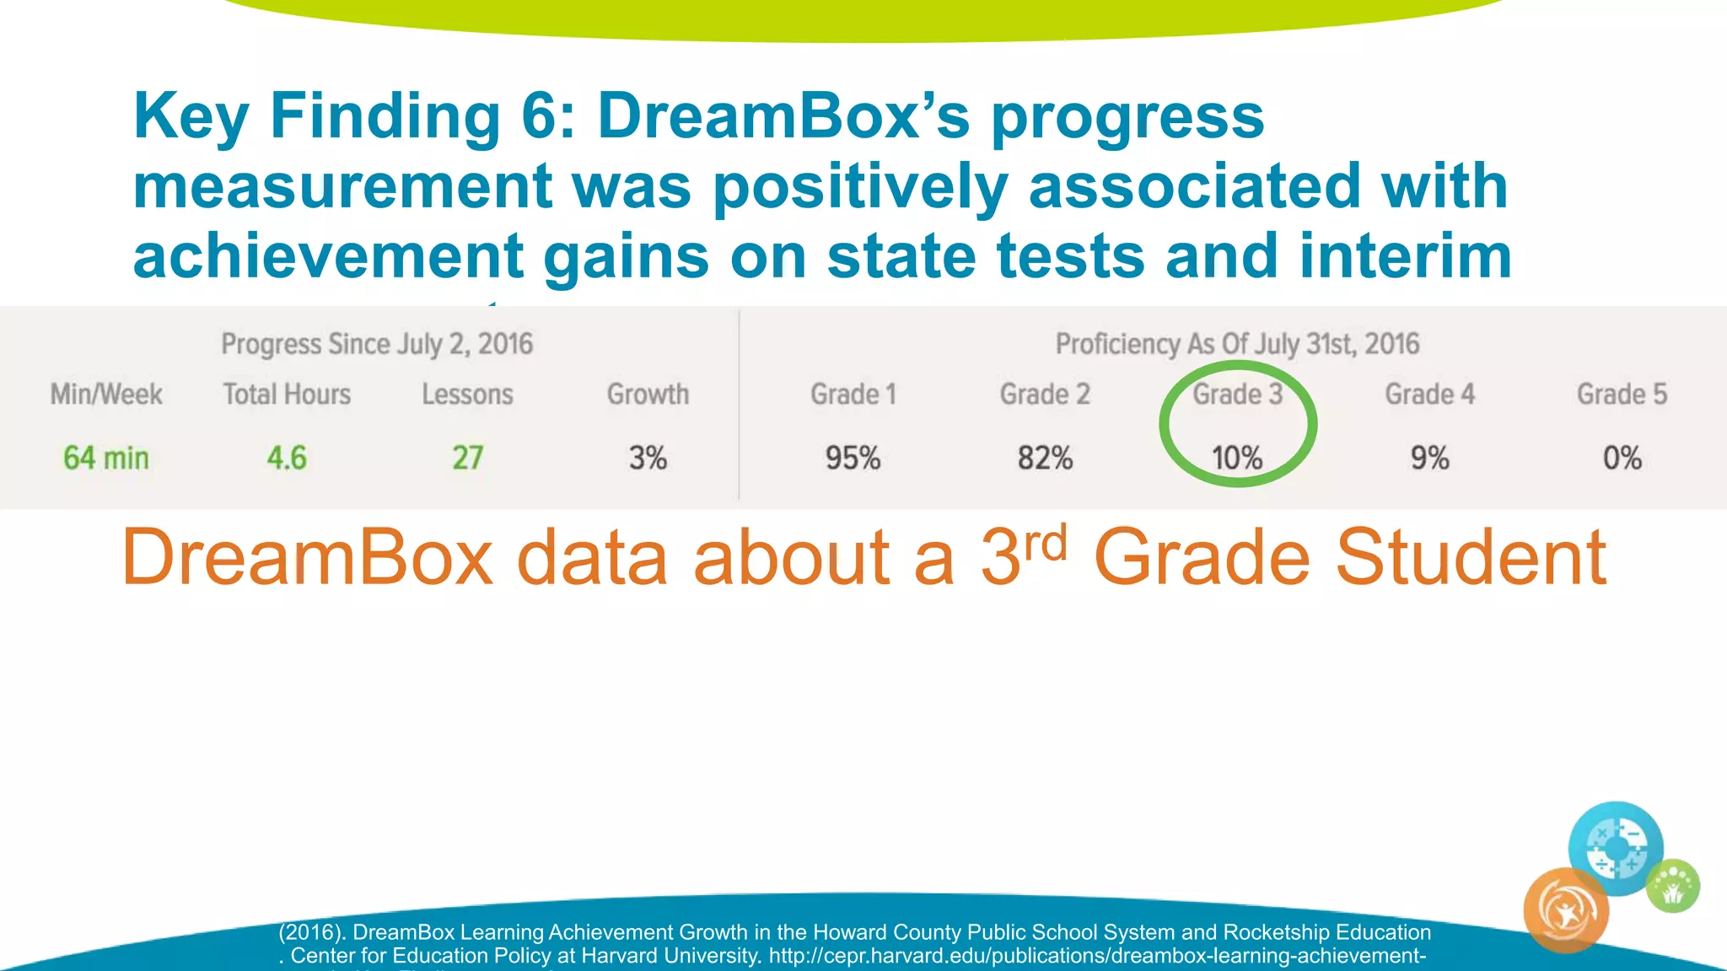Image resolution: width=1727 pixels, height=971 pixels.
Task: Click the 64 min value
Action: pos(106,459)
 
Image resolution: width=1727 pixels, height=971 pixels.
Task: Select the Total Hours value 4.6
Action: pos(287,459)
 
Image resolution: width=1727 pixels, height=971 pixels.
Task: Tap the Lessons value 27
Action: pos(468,459)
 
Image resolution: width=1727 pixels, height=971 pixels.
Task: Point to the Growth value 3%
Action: pos(648,459)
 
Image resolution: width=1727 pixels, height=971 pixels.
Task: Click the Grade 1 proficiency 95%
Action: pos(853,459)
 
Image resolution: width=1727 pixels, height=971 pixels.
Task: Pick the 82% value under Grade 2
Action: pos(1045,459)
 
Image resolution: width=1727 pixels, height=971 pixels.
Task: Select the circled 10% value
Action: pos(1237,459)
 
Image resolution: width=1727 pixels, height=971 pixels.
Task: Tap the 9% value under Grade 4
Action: pos(1430,459)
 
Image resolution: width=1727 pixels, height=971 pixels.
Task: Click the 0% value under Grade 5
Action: pos(1622,459)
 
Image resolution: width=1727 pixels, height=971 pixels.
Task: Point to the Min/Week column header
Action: pos(106,394)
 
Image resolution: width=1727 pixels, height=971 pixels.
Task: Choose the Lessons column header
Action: pos(468,394)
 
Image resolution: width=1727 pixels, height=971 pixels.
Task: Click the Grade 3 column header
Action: pos(1237,394)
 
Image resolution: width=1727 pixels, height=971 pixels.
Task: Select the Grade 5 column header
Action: pos(1622,394)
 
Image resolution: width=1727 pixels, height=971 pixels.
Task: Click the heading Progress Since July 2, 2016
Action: pos(377,344)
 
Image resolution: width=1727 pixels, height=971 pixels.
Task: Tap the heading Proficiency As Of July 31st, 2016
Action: pos(1237,344)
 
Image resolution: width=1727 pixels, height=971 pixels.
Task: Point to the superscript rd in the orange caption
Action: pos(1046,544)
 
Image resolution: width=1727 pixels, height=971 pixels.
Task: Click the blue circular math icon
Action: pos(1616,848)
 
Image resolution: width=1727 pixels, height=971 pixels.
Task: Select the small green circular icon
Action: pos(1673,886)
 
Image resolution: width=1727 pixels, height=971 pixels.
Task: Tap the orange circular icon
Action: pos(1566,910)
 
